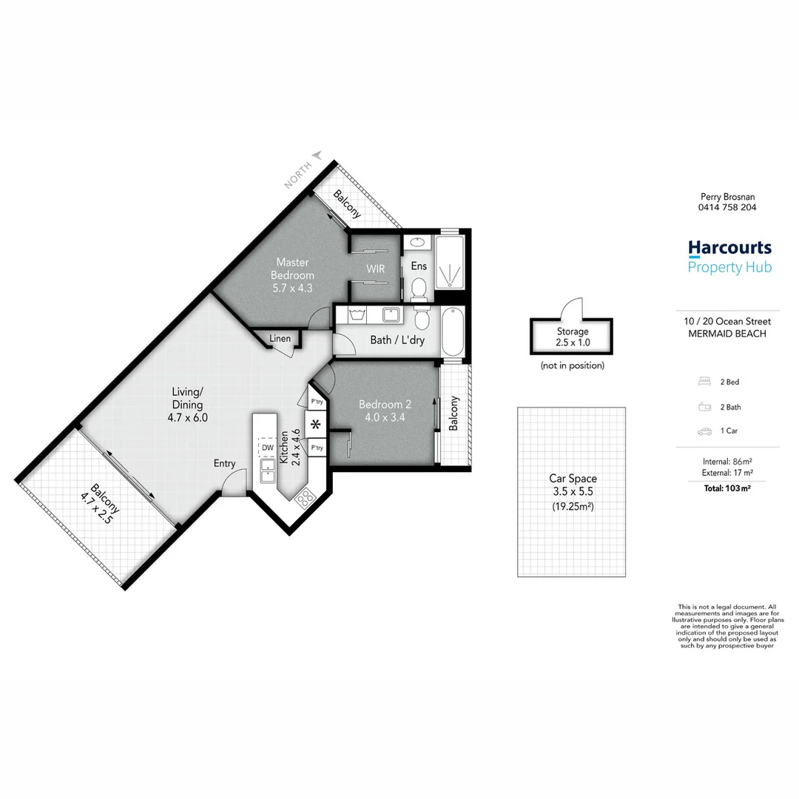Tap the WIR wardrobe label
375,269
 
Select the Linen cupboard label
280,339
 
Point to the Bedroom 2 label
384,411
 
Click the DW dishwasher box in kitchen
266,448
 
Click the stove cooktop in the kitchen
305,499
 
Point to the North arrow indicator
317,155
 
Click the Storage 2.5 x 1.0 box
572,337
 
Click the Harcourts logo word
729,248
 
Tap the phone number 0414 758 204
728,208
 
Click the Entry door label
224,464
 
